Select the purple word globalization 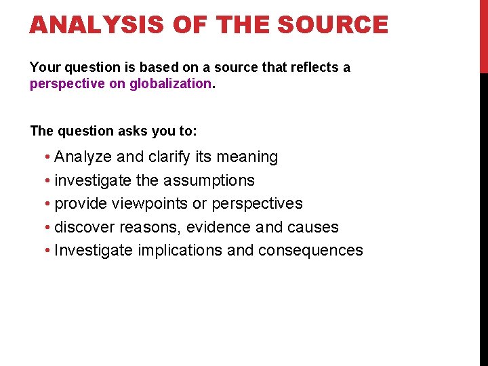click(171, 83)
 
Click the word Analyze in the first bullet click(83, 157)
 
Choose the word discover click(85, 227)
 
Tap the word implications click(180, 250)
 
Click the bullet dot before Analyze click(48, 158)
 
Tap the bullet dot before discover click(48, 228)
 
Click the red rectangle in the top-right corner click(483, 35)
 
